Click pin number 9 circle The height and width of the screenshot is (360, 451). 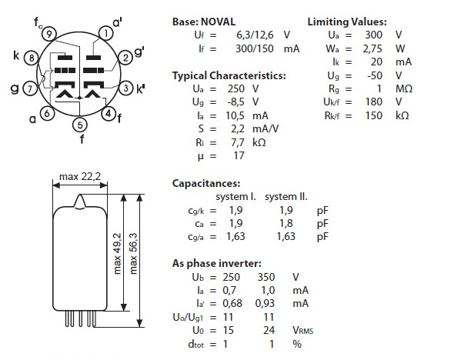point(49,34)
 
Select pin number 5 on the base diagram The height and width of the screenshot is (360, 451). point(80,125)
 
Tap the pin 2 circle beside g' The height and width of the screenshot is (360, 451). point(125,58)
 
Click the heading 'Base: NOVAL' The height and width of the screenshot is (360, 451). point(204,22)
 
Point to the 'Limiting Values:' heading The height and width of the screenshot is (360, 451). point(347,22)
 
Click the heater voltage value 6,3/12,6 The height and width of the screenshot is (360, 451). point(255,35)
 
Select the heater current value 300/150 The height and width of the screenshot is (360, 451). point(255,48)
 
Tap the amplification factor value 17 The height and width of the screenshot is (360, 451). point(239,155)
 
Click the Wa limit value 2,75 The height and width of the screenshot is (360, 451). point(372,48)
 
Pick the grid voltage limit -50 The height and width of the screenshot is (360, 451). point(375,75)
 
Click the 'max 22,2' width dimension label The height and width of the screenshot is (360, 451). point(80,176)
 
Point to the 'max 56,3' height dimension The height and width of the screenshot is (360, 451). point(133,254)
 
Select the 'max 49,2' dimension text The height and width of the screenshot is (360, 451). point(117,254)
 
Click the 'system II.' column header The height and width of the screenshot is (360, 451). point(286,197)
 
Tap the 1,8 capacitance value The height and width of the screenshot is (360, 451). point(286,223)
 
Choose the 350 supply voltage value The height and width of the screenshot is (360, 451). point(266,277)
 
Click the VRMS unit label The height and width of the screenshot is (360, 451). point(303,330)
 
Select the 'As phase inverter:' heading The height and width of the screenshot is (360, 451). point(217,263)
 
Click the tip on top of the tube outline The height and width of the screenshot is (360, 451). point(80,195)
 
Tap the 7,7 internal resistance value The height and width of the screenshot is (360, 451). point(238,142)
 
